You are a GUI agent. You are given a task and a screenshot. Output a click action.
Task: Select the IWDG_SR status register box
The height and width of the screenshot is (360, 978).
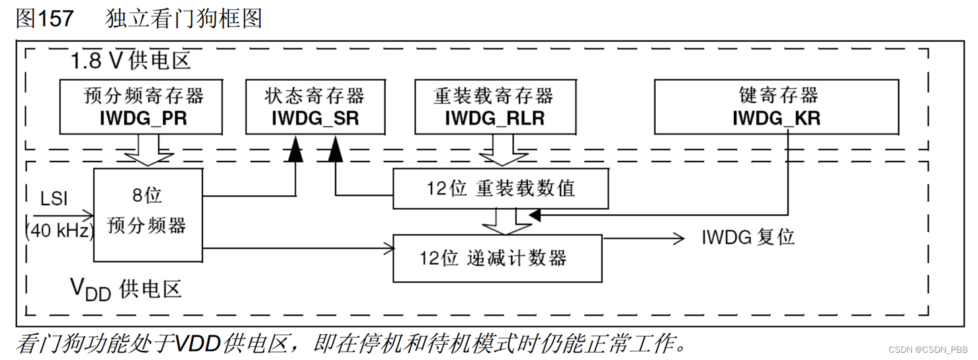314,107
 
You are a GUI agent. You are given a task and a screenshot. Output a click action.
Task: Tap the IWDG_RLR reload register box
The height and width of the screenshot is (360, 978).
494,107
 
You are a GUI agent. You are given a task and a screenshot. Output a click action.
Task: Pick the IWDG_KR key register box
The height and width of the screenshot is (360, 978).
776,107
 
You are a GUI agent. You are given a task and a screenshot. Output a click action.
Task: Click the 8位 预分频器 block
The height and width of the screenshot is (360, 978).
147,214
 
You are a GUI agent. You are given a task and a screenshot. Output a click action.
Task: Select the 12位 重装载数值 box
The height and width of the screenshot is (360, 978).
500,189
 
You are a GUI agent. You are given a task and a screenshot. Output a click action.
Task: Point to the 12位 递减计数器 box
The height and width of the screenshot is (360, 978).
497,257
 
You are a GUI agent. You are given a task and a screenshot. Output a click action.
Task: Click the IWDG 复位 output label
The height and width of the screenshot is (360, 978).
748,238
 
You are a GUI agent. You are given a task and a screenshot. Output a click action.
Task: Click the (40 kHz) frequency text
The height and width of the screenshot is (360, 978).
58,231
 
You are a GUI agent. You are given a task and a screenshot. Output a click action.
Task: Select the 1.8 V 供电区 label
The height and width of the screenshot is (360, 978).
131,62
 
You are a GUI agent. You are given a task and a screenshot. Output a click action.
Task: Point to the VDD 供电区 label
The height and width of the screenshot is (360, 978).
125,289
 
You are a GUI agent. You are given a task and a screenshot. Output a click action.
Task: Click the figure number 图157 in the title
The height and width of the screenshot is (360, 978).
45,19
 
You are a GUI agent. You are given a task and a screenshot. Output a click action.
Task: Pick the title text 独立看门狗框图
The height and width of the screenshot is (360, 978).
184,19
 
